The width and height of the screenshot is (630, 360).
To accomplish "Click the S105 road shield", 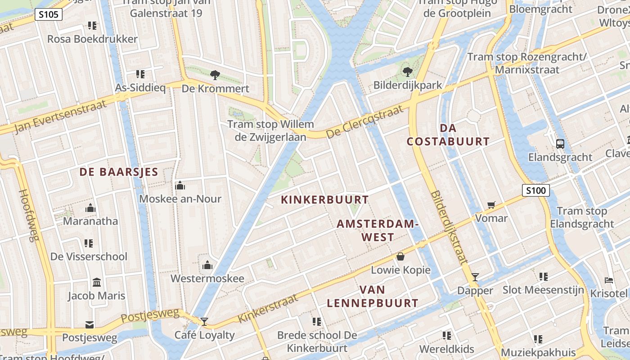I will tap(49, 15).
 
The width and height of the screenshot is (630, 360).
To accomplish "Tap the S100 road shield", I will tap(536, 190).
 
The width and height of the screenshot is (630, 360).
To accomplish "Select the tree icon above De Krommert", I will tap(215, 75).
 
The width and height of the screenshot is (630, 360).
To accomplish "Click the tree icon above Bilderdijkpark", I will tap(408, 72).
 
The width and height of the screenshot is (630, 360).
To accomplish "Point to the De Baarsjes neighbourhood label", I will tap(119, 172).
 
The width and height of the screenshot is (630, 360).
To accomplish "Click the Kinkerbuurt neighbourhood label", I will tap(325, 200).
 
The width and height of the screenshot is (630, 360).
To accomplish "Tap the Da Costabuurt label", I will tap(448, 135).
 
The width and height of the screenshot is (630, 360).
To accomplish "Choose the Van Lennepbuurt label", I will tap(373, 297).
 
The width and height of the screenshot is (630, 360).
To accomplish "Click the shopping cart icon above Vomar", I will tap(491, 205).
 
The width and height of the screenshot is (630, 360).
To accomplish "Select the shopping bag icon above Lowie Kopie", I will tap(400, 257).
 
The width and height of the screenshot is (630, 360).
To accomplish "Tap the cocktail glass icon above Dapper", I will tap(475, 277).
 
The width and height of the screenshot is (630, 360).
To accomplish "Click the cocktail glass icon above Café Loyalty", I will tap(204, 321).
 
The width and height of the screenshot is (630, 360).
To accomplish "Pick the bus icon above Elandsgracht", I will tap(560, 144).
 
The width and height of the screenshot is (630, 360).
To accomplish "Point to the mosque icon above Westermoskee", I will tap(207, 265).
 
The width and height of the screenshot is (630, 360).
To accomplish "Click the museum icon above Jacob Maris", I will tap(96, 283).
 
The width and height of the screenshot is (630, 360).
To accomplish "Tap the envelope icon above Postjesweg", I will tap(89, 325).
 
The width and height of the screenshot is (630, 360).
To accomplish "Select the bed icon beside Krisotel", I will tap(609, 280).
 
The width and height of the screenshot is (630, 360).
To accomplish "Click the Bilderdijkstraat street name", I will tap(449, 227).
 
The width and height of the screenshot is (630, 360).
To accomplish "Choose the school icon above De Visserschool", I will tap(89, 243).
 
